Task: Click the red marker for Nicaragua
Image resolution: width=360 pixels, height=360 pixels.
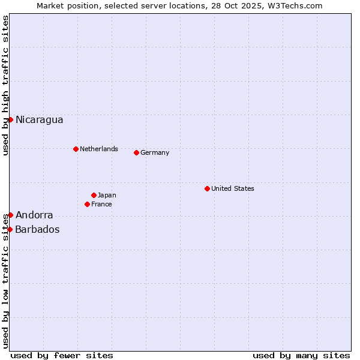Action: [10, 119]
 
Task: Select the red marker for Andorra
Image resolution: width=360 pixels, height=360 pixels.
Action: [10, 215]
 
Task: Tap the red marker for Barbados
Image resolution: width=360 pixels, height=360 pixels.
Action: [10, 229]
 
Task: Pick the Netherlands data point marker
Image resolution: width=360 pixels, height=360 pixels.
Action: [76, 149]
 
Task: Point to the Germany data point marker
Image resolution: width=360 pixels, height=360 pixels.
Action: [136, 152]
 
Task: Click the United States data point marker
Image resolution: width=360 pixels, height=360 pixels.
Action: [207, 188]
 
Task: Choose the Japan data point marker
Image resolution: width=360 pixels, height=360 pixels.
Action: [94, 195]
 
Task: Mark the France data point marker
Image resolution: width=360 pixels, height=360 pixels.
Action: [87, 204]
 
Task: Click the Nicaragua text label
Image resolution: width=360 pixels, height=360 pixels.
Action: [39, 119]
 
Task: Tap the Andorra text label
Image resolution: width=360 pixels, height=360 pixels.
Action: [34, 215]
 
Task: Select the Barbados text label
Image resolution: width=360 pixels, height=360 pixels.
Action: [37, 229]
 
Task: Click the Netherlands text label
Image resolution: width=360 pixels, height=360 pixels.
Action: [99, 149]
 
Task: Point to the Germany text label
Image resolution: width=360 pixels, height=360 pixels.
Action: [155, 152]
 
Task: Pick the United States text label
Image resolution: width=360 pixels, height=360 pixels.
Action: [233, 188]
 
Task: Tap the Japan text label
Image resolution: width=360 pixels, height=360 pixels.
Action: [107, 195]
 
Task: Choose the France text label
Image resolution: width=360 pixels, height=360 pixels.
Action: [101, 204]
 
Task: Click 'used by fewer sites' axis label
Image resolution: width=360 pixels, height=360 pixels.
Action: [62, 355]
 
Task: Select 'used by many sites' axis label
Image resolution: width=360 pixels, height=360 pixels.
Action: [301, 355]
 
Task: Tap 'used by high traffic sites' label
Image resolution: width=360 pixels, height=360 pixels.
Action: [5, 86]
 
